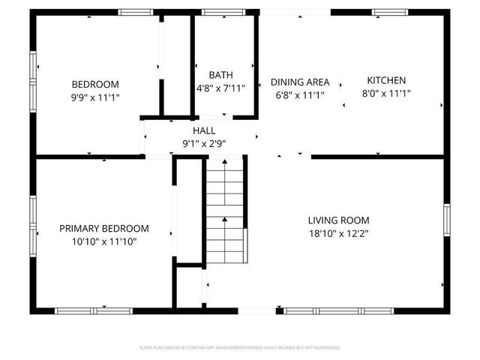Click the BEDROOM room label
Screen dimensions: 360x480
tap(95, 84)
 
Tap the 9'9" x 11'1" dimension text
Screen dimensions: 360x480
tap(95, 97)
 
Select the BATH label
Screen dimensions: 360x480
tap(220, 75)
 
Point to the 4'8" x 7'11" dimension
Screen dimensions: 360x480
tap(220, 88)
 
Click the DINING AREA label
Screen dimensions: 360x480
tap(299, 82)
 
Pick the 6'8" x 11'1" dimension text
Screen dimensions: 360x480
tap(299, 95)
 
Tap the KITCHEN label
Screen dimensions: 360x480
tap(386, 80)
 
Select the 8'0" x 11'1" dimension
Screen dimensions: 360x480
tap(386, 93)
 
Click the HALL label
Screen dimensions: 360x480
tap(204, 130)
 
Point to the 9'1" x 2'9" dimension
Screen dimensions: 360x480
tap(204, 143)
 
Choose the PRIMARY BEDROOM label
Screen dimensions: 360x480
tap(104, 228)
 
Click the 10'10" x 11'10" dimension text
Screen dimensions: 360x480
tap(104, 241)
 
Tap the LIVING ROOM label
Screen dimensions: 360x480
tap(338, 220)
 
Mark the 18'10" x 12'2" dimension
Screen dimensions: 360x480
tap(338, 233)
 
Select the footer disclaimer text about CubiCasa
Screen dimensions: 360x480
tap(240, 347)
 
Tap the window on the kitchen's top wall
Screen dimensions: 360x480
tap(390, 12)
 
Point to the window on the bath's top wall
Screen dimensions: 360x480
tap(218, 12)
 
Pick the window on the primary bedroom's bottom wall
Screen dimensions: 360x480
tap(94, 310)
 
